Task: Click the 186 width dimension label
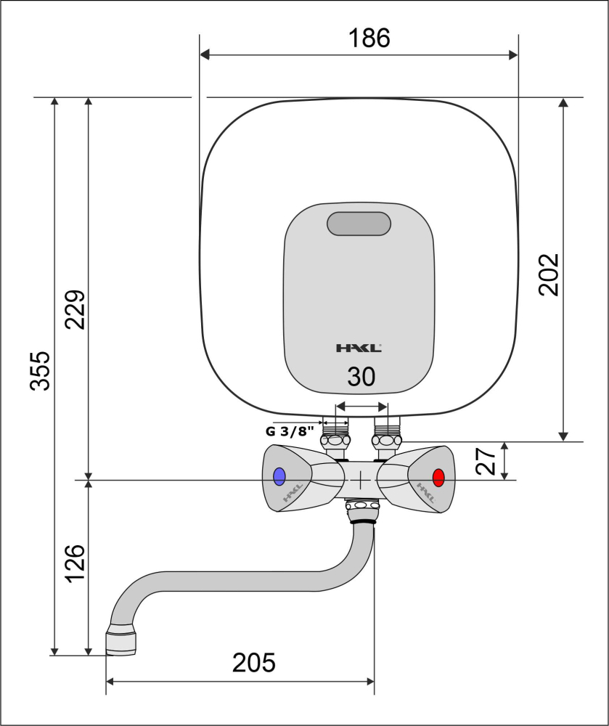(369, 38)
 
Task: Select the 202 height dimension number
(549, 274)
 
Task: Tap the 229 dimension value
(75, 309)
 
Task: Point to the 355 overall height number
(40, 371)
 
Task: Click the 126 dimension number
(75, 563)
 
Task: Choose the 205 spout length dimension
(253, 663)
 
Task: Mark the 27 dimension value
(486, 461)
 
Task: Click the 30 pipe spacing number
(361, 377)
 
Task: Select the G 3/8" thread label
(290, 431)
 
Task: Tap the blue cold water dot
(279, 476)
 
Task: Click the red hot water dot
(438, 478)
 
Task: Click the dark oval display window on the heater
(359, 224)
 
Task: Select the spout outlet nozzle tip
(121, 642)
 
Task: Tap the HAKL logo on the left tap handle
(293, 493)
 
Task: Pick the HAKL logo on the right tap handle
(426, 493)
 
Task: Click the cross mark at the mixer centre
(361, 481)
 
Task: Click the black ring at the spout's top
(362, 521)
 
